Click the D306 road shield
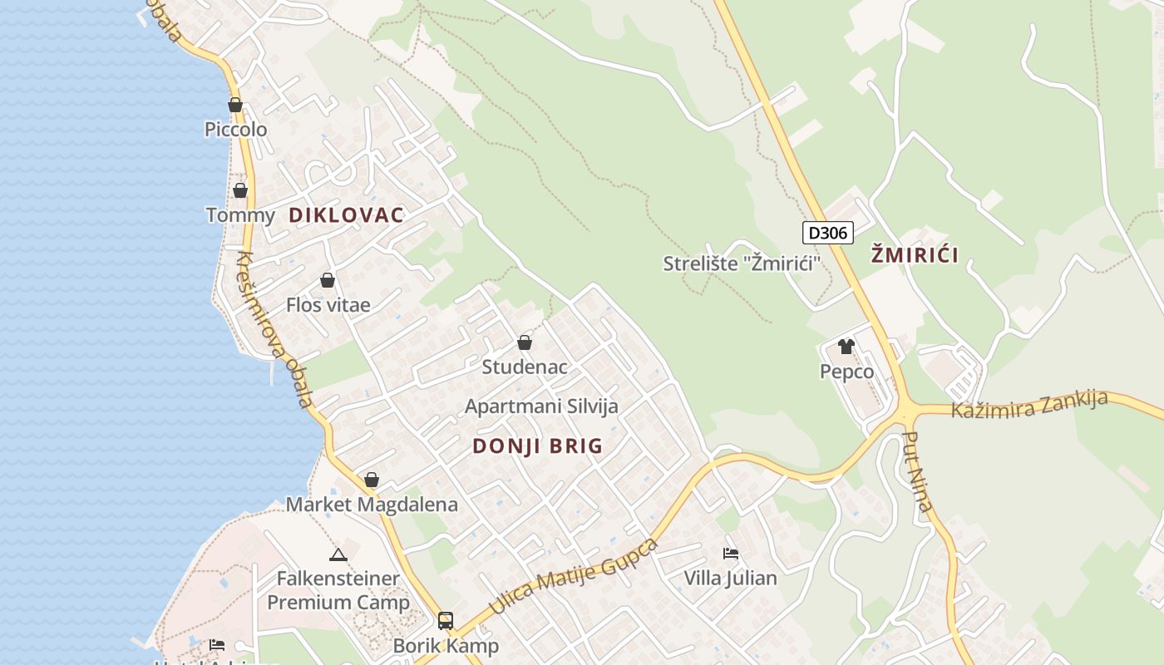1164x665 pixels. click(x=828, y=233)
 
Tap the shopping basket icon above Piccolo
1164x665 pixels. click(x=235, y=106)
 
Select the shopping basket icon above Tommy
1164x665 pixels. click(x=240, y=190)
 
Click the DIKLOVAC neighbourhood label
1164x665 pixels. click(x=346, y=215)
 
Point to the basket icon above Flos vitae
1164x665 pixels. click(x=328, y=280)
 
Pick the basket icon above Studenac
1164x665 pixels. click(x=525, y=342)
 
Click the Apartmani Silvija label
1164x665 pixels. click(x=541, y=406)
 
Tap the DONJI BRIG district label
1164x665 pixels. click(x=537, y=446)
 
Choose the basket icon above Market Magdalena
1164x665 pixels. click(x=372, y=480)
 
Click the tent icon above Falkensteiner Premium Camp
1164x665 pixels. click(x=338, y=554)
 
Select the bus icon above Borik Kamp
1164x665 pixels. click(x=446, y=620)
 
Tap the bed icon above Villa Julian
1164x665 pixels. click(x=731, y=553)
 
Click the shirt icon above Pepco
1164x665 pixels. click(x=846, y=347)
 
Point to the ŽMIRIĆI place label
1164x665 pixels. click(x=915, y=255)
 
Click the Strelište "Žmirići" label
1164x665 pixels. click(x=742, y=264)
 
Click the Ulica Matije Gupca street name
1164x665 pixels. click(x=574, y=576)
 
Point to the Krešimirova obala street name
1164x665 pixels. click(x=274, y=328)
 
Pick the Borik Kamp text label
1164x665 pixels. click(x=446, y=646)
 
